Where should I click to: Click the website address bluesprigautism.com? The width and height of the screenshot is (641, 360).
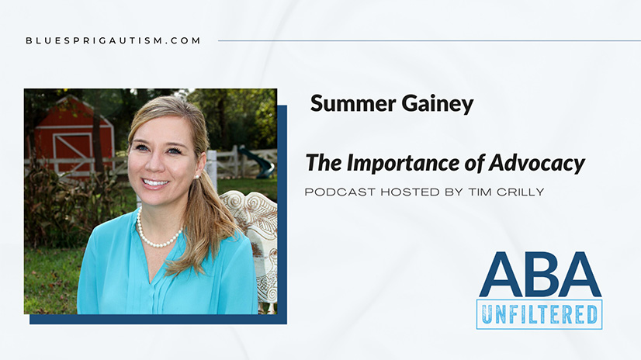pyautogui.click(x=113, y=40)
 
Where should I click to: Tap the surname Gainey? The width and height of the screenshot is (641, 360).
pyautogui.click(x=438, y=105)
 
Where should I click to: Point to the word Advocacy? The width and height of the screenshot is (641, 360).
pyautogui.click(x=537, y=164)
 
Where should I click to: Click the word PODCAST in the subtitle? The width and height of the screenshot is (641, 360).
pyautogui.click(x=340, y=192)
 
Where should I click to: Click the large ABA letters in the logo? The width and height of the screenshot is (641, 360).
pyautogui.click(x=540, y=275)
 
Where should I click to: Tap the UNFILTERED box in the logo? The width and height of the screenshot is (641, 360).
pyautogui.click(x=539, y=314)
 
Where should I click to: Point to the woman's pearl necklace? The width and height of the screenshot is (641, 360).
pyautogui.click(x=158, y=232)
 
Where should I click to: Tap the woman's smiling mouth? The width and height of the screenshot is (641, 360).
pyautogui.click(x=155, y=182)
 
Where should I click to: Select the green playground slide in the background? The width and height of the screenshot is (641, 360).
pyautogui.click(x=257, y=162)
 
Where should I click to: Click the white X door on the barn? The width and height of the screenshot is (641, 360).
pyautogui.click(x=73, y=152)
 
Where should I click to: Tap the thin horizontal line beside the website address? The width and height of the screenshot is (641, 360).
pyautogui.click(x=429, y=40)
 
